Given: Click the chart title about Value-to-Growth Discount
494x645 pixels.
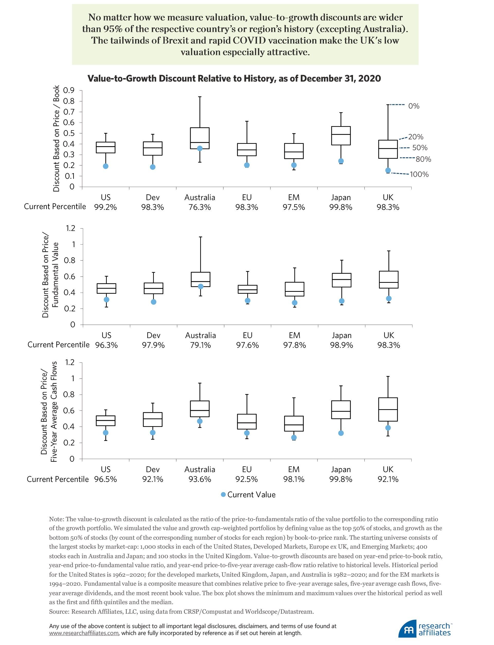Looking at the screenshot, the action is (x=234, y=78).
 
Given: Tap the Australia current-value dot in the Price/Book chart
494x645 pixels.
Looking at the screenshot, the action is (x=200, y=148).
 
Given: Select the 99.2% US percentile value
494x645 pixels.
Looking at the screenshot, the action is (x=105, y=207).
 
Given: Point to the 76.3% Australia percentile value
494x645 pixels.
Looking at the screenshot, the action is (x=200, y=207).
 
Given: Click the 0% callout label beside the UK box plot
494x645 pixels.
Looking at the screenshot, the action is (x=414, y=106).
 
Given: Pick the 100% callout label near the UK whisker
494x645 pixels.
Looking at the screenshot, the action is (x=419, y=175).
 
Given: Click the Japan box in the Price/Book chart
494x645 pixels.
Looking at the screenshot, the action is (x=341, y=136).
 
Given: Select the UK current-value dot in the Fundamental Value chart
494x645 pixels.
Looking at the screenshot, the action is (x=389, y=298).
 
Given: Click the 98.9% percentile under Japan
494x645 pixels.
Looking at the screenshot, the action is (x=341, y=345).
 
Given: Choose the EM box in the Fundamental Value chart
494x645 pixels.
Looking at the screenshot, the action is (x=294, y=289).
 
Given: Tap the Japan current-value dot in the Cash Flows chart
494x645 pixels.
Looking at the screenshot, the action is (x=341, y=433).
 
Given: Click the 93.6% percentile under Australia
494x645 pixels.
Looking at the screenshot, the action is (x=200, y=479).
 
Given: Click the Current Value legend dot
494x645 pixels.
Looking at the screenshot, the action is (x=223, y=495).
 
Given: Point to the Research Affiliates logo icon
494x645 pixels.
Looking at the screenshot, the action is (x=407, y=629).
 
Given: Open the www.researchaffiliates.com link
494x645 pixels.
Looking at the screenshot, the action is (x=84, y=633).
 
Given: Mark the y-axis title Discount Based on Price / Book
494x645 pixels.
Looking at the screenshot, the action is (x=56, y=138).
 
